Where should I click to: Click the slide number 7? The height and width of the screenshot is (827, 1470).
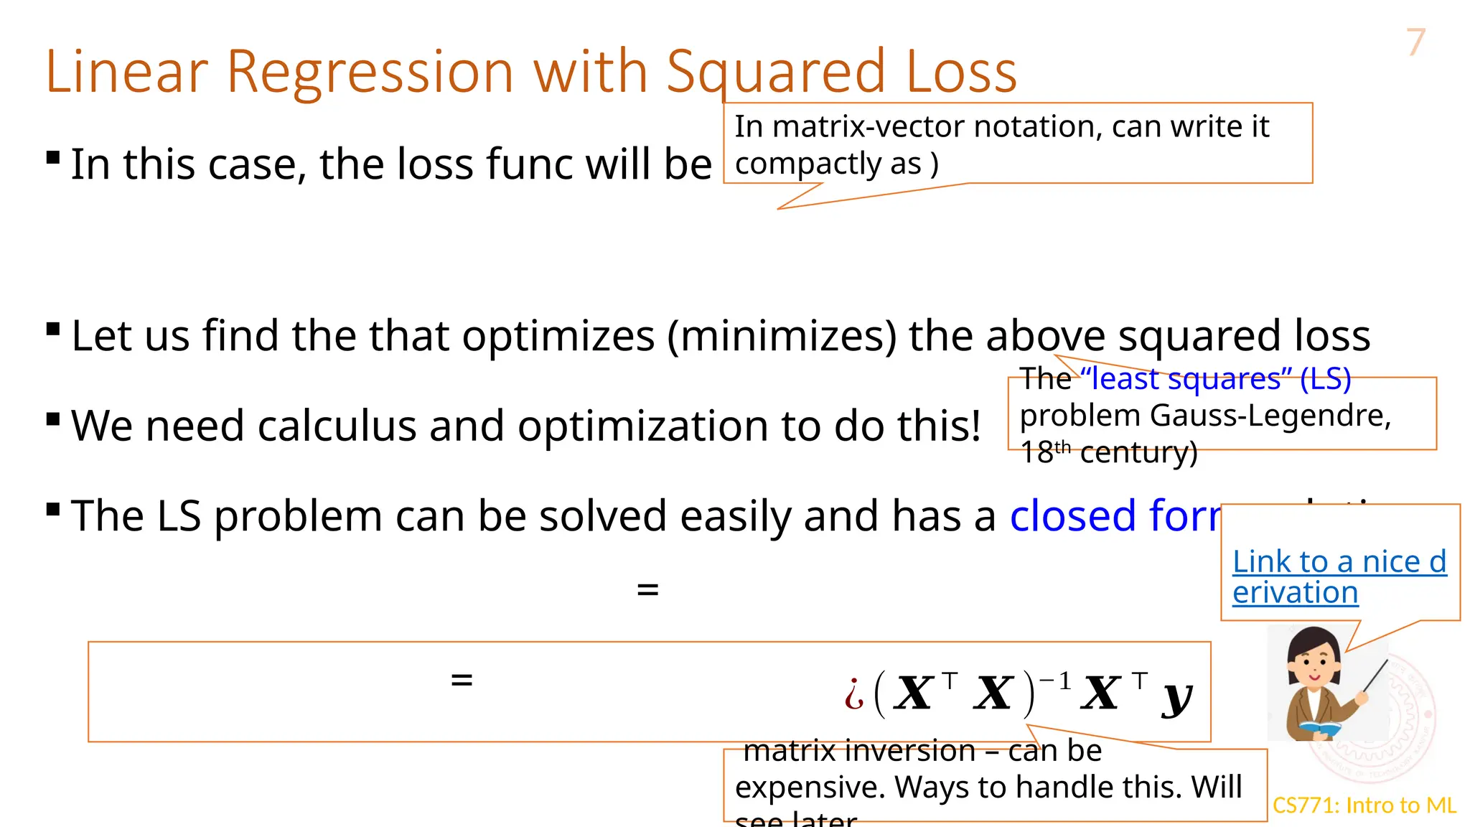coord(1415,42)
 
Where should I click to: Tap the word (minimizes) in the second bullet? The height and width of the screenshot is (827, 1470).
coord(782,336)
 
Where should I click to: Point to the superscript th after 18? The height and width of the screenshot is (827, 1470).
coord(1062,447)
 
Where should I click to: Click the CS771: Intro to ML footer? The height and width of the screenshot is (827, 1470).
coord(1364,805)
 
